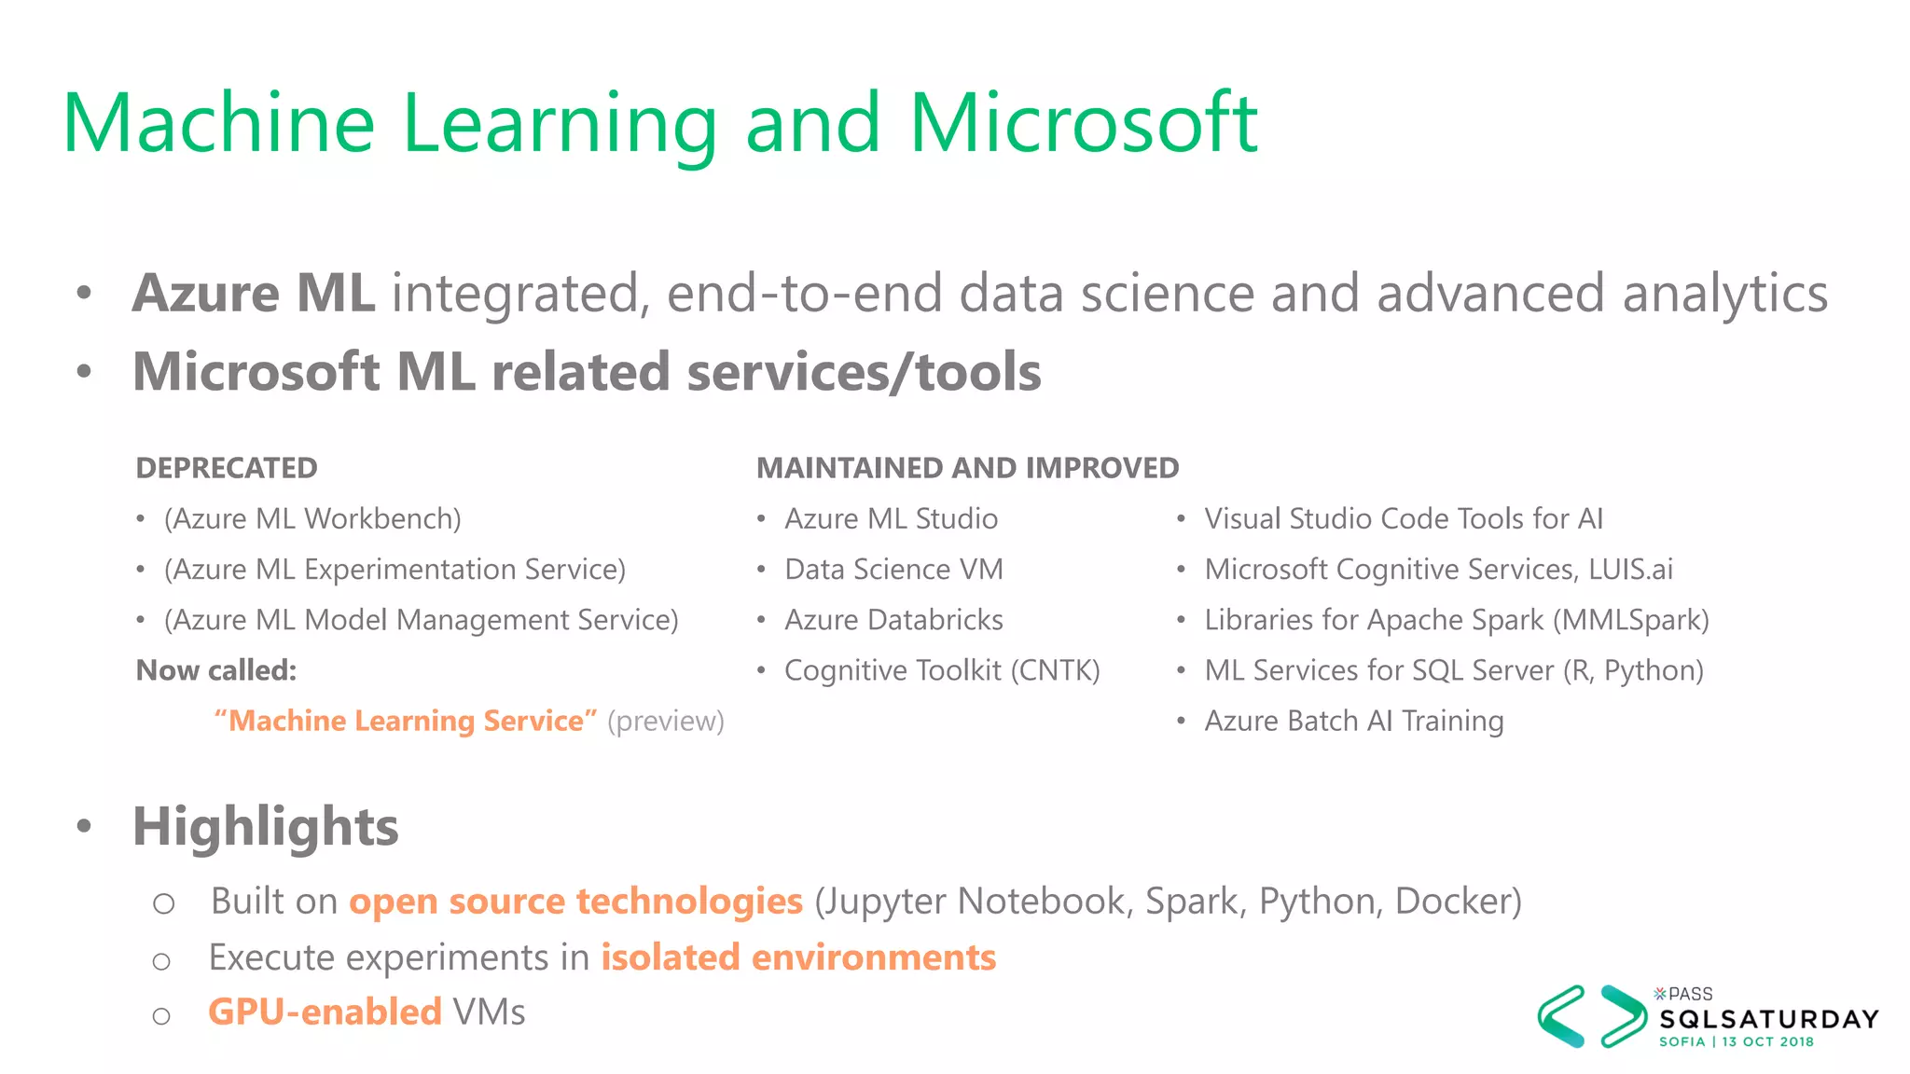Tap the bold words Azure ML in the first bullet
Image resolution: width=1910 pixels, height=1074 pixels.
(254, 294)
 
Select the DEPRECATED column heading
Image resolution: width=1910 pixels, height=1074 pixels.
(227, 468)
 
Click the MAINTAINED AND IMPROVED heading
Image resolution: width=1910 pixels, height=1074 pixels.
(967, 468)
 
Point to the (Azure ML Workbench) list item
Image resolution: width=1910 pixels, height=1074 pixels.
(312, 519)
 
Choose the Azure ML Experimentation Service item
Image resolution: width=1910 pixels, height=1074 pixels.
(394, 570)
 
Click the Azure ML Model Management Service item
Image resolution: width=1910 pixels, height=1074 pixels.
(422, 620)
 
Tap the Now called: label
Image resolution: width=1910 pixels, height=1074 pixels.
(216, 670)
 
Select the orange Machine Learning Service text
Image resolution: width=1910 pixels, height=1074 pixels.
(405, 721)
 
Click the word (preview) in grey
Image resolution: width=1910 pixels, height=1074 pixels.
(666, 721)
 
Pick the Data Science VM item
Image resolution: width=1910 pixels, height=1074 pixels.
(893, 570)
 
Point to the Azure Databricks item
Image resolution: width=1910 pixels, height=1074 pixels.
(893, 620)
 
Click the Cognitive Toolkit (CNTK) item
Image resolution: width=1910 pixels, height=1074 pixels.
(942, 670)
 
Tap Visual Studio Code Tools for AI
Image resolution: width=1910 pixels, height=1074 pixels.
(1404, 519)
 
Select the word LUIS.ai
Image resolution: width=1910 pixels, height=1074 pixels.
(1630, 570)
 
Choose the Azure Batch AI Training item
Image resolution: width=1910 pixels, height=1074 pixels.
(1353, 721)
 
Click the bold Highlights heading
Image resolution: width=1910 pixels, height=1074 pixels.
(266, 827)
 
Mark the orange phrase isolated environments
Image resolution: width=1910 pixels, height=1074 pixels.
(798, 957)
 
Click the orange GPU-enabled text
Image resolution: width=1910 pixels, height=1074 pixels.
(325, 1012)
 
